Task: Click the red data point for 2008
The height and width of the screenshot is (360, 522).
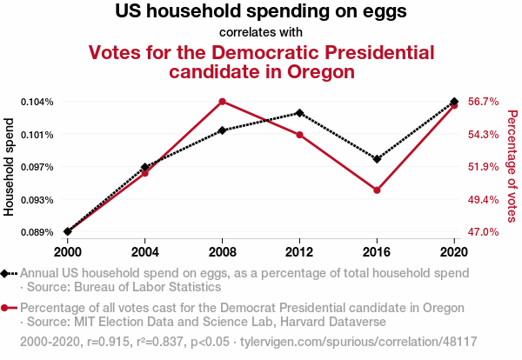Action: pyautogui.click(x=223, y=102)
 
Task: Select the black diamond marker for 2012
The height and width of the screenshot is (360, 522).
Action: pyautogui.click(x=299, y=113)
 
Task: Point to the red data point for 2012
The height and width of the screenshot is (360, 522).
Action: pyautogui.click(x=299, y=135)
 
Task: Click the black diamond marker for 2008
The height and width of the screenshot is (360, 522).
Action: pyautogui.click(x=223, y=130)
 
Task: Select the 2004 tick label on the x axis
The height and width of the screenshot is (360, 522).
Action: pyautogui.click(x=145, y=250)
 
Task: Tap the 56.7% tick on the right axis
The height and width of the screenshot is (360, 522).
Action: pyautogui.click(x=483, y=102)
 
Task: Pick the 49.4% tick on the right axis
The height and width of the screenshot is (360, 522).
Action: pyautogui.click(x=483, y=200)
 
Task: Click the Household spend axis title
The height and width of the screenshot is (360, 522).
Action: pyautogui.click(x=10, y=167)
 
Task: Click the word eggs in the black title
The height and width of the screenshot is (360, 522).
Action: pyautogui.click(x=382, y=13)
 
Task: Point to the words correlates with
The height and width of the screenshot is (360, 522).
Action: pyautogui.click(x=261, y=33)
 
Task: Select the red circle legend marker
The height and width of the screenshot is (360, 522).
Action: pyautogui.click(x=6, y=308)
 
